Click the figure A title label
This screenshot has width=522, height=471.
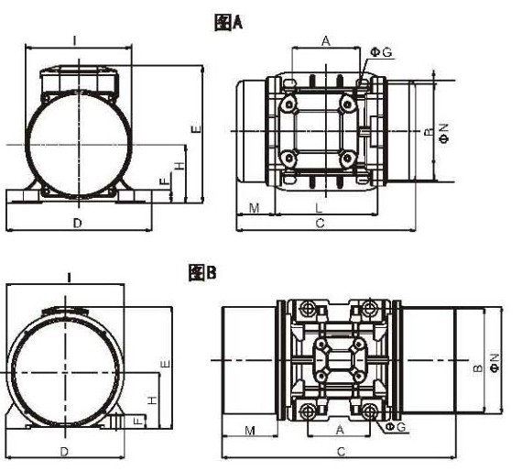[228, 23]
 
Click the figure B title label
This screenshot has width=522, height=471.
[202, 272]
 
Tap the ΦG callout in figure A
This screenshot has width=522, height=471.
[382, 52]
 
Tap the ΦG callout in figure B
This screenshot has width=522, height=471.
[395, 427]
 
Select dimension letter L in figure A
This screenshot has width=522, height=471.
[319, 208]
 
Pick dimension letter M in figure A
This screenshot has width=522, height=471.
[254, 208]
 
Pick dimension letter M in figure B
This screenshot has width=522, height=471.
[250, 431]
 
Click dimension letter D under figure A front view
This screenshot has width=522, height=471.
[77, 224]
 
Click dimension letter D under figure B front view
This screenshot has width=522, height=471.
[64, 452]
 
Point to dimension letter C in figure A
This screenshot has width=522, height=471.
[320, 224]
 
